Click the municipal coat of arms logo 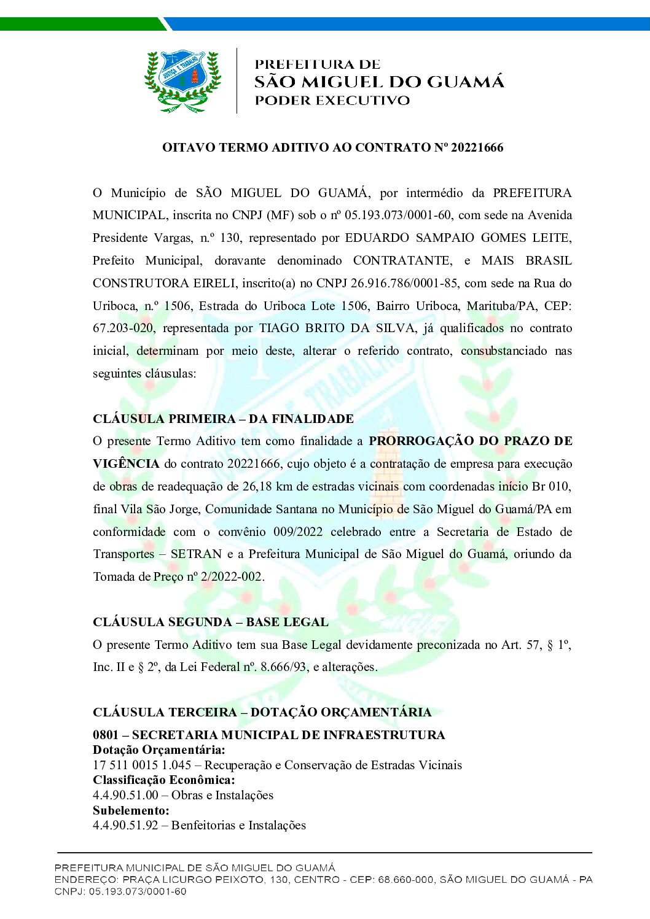coord(182,81)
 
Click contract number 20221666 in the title coord(477,147)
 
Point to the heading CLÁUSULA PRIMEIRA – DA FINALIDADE coord(223,419)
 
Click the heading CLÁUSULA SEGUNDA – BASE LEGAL coord(210,622)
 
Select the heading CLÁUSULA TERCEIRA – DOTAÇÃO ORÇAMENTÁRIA coord(262,712)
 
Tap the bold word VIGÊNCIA coord(126,463)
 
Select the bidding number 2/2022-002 coord(231,576)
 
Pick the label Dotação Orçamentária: coord(159,750)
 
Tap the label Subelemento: coord(131,810)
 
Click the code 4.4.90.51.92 coord(125,825)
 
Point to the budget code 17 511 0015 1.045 coord(142,765)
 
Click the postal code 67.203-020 coord(123,328)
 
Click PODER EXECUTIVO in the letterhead coord(332,101)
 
